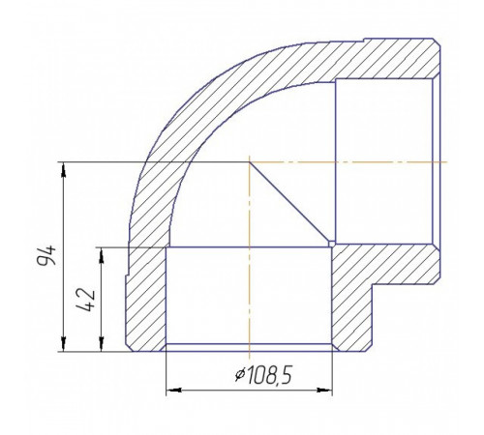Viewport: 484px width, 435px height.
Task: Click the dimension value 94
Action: point(46,255)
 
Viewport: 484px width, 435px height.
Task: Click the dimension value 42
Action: point(86,301)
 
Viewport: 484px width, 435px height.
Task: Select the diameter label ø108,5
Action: point(263,375)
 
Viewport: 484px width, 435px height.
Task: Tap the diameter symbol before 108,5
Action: point(239,376)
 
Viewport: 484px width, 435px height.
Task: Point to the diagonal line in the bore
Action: point(290,202)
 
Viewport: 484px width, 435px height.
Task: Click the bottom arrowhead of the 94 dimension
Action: point(64,344)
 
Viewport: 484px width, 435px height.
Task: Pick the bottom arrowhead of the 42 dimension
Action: point(102,344)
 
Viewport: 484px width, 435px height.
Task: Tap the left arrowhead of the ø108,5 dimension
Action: point(173,391)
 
